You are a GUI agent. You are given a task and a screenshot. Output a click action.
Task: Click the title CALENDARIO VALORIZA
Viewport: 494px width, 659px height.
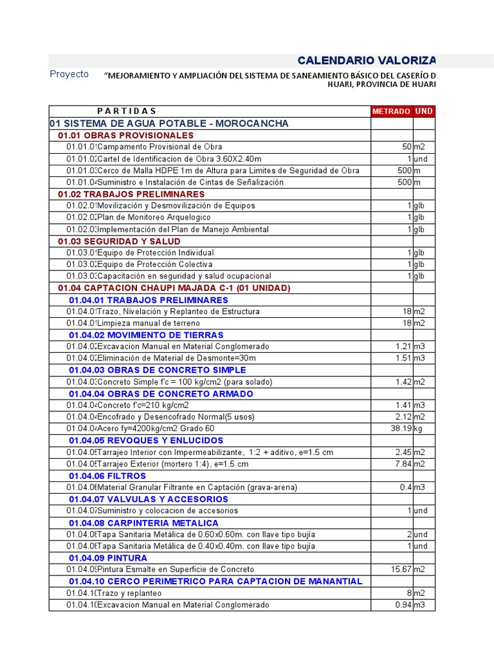366,60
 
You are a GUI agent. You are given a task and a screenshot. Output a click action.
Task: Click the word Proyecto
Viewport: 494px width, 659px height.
69,74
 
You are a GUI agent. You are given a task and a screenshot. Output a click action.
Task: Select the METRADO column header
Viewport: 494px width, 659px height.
391,111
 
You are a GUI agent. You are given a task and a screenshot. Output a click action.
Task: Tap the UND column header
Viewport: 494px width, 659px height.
424,111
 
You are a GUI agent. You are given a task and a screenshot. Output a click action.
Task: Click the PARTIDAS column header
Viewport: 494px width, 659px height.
127,111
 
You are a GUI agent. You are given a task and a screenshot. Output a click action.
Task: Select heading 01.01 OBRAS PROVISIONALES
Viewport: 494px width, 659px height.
125,135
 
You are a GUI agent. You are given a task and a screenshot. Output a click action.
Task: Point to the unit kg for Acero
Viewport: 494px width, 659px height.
419,429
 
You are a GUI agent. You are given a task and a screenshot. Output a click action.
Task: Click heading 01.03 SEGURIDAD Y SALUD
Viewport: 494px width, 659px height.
119,241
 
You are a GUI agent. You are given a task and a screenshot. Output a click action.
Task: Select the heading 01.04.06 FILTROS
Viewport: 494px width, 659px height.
107,476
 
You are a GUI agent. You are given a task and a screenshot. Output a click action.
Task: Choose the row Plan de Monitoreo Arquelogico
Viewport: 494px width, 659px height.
154,218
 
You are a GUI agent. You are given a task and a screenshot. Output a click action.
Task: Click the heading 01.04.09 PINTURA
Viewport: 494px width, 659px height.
108,558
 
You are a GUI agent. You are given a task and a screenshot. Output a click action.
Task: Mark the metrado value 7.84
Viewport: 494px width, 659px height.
402,464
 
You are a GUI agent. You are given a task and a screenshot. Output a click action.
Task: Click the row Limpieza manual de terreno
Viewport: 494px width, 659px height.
149,323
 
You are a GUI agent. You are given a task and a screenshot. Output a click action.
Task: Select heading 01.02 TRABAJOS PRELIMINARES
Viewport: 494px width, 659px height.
131,194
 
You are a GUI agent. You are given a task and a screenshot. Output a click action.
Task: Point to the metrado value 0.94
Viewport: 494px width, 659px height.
402,605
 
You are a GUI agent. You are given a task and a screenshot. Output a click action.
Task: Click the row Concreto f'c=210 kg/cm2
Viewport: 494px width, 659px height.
143,405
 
